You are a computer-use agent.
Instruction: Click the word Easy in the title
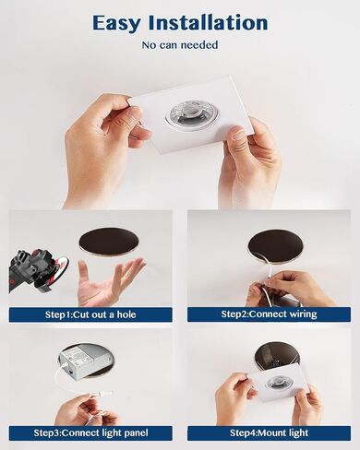(x=117, y=24)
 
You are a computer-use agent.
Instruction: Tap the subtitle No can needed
(x=180, y=45)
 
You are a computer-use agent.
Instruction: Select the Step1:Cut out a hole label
(x=90, y=314)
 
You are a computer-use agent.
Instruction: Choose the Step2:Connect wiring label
(x=269, y=314)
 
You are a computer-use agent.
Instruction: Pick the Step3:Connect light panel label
(x=90, y=433)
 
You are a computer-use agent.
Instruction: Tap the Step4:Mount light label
(x=269, y=433)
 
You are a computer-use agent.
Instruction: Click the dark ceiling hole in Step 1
(x=109, y=243)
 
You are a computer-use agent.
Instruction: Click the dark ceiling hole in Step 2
(x=275, y=247)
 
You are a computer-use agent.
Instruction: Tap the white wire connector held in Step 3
(x=102, y=394)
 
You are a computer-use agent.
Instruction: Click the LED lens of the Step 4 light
(x=276, y=383)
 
